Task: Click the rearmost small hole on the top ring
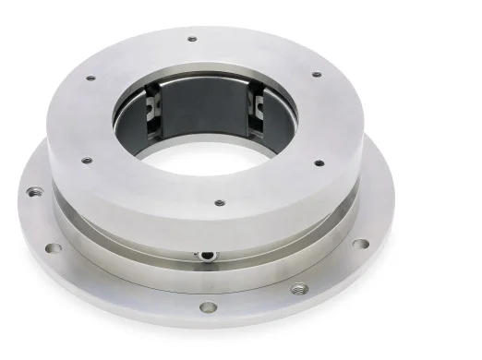coord(192,39)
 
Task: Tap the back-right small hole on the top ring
coord(316,74)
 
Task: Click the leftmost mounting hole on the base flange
coord(34,192)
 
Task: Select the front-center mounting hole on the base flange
coord(208,307)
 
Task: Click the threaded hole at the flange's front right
coord(297,288)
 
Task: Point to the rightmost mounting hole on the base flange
coord(361,244)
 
